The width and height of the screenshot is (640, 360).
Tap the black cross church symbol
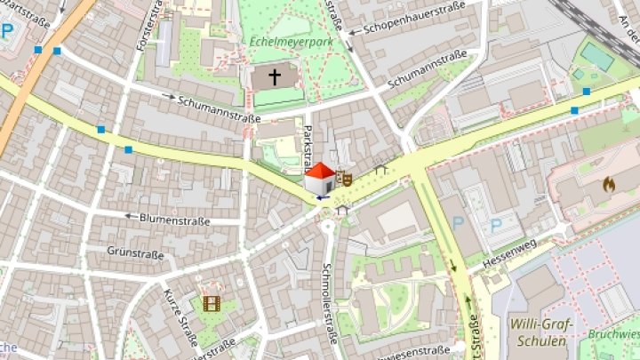pos(276,78)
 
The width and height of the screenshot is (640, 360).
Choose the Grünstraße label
pos(136,253)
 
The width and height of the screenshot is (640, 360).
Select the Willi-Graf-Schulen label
pos(541,332)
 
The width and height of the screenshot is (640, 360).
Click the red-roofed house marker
pos(320,178)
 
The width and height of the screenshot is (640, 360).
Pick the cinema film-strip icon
pos(212,304)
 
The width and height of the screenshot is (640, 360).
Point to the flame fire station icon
pos(609,185)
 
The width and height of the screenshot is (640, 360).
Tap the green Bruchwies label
pos(613,334)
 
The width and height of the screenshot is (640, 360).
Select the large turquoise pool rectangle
pos(597,57)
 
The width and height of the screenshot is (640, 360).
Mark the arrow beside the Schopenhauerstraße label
pos(353,32)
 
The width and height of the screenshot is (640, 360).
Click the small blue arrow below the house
pos(319,198)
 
